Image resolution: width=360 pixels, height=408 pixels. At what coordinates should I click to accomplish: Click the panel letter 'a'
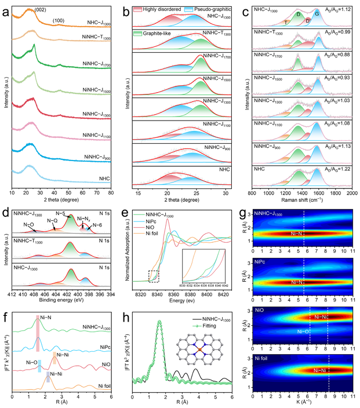pos(5,6)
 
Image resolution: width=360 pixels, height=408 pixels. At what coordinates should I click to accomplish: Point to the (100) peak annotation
pos(59,21)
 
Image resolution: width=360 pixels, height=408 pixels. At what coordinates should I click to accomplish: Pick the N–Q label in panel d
pos(52,221)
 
